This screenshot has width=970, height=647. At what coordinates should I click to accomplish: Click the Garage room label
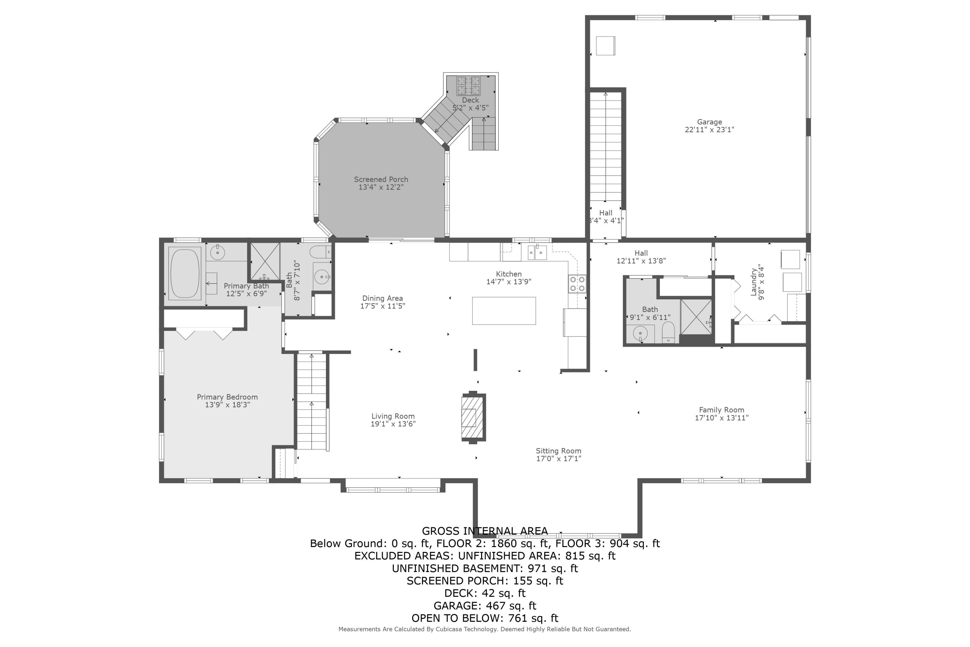[709, 122]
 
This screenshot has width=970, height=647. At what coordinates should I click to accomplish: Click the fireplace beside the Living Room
[473, 417]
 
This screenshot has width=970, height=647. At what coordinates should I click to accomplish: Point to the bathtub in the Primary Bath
[185, 273]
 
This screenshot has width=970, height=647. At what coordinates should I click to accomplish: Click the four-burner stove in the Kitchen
[577, 283]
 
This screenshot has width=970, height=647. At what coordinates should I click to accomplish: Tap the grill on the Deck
[468, 85]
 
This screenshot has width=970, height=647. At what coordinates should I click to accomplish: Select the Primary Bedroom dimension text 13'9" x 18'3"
[227, 405]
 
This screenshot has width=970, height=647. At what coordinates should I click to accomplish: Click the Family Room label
[721, 410]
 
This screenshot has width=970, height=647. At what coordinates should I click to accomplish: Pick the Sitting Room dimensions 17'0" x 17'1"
[558, 458]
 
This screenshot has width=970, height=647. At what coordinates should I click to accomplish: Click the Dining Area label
[382, 298]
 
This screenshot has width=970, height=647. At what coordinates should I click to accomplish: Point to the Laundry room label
[753, 282]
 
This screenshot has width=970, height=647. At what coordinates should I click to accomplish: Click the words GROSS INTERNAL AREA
[485, 531]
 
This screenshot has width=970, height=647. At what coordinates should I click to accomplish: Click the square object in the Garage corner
[605, 45]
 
